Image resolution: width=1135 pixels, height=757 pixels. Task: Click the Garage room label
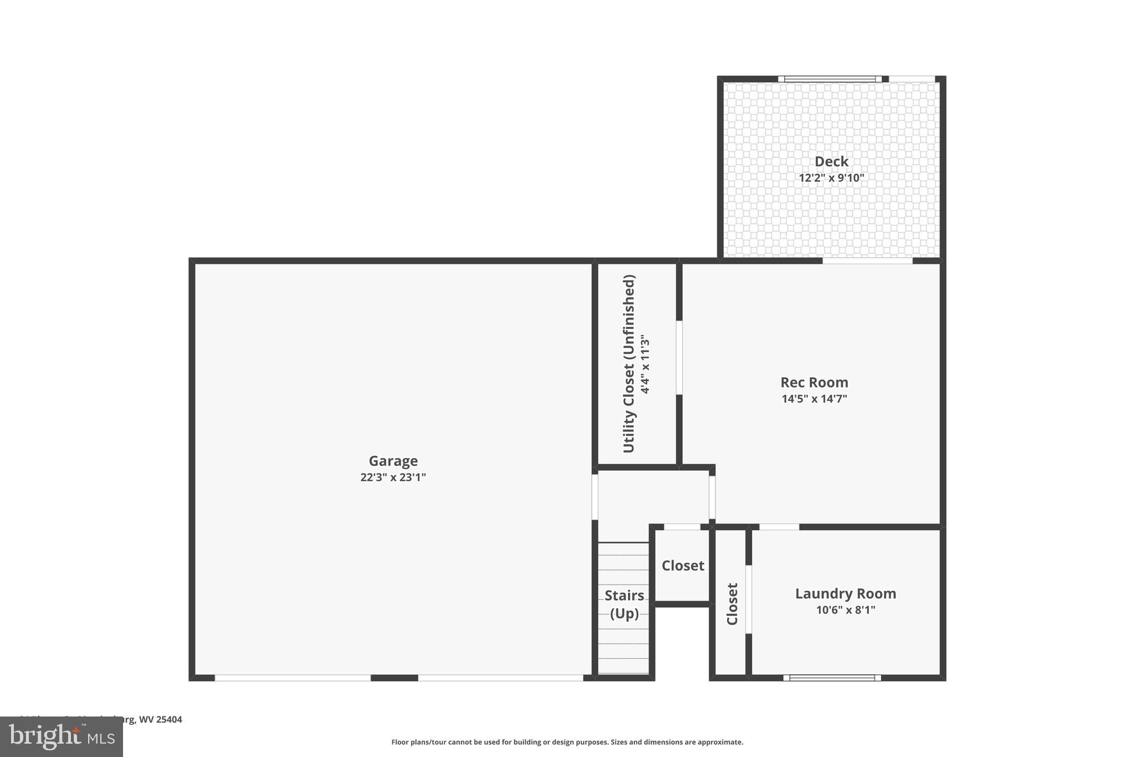pyautogui.click(x=393, y=461)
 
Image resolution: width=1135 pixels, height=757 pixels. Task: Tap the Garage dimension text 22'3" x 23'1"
pyautogui.click(x=393, y=477)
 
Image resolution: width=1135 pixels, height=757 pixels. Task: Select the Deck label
pyautogui.click(x=831, y=161)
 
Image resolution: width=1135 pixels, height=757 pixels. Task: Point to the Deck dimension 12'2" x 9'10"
pyautogui.click(x=831, y=178)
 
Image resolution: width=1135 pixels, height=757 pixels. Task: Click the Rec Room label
pyautogui.click(x=814, y=382)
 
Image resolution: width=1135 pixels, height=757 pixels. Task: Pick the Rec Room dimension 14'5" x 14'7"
pyautogui.click(x=814, y=399)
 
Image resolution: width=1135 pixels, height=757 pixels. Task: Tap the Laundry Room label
pyautogui.click(x=845, y=593)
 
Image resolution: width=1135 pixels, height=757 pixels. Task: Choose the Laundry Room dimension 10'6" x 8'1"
pyautogui.click(x=845, y=610)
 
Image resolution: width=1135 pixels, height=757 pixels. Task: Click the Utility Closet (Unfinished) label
pyautogui.click(x=628, y=364)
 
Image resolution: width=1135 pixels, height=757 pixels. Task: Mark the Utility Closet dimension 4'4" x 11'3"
pyautogui.click(x=645, y=364)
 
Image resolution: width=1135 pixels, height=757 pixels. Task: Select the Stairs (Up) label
pyautogui.click(x=624, y=604)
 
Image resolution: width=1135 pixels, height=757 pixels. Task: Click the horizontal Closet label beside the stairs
pyautogui.click(x=683, y=566)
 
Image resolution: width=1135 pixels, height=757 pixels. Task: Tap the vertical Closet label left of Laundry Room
pyautogui.click(x=732, y=604)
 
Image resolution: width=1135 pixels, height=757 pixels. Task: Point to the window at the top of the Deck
pyautogui.click(x=830, y=79)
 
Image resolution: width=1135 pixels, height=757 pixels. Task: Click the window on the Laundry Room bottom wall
pyautogui.click(x=832, y=678)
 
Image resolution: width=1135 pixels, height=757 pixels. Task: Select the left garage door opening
pyautogui.click(x=293, y=678)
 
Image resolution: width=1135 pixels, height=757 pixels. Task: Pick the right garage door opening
pyautogui.click(x=500, y=678)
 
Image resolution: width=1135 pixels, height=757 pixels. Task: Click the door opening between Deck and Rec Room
pyautogui.click(x=867, y=261)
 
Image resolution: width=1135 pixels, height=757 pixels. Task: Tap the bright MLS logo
pyautogui.click(x=62, y=736)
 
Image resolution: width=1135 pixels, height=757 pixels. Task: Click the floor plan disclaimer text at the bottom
pyautogui.click(x=567, y=742)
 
